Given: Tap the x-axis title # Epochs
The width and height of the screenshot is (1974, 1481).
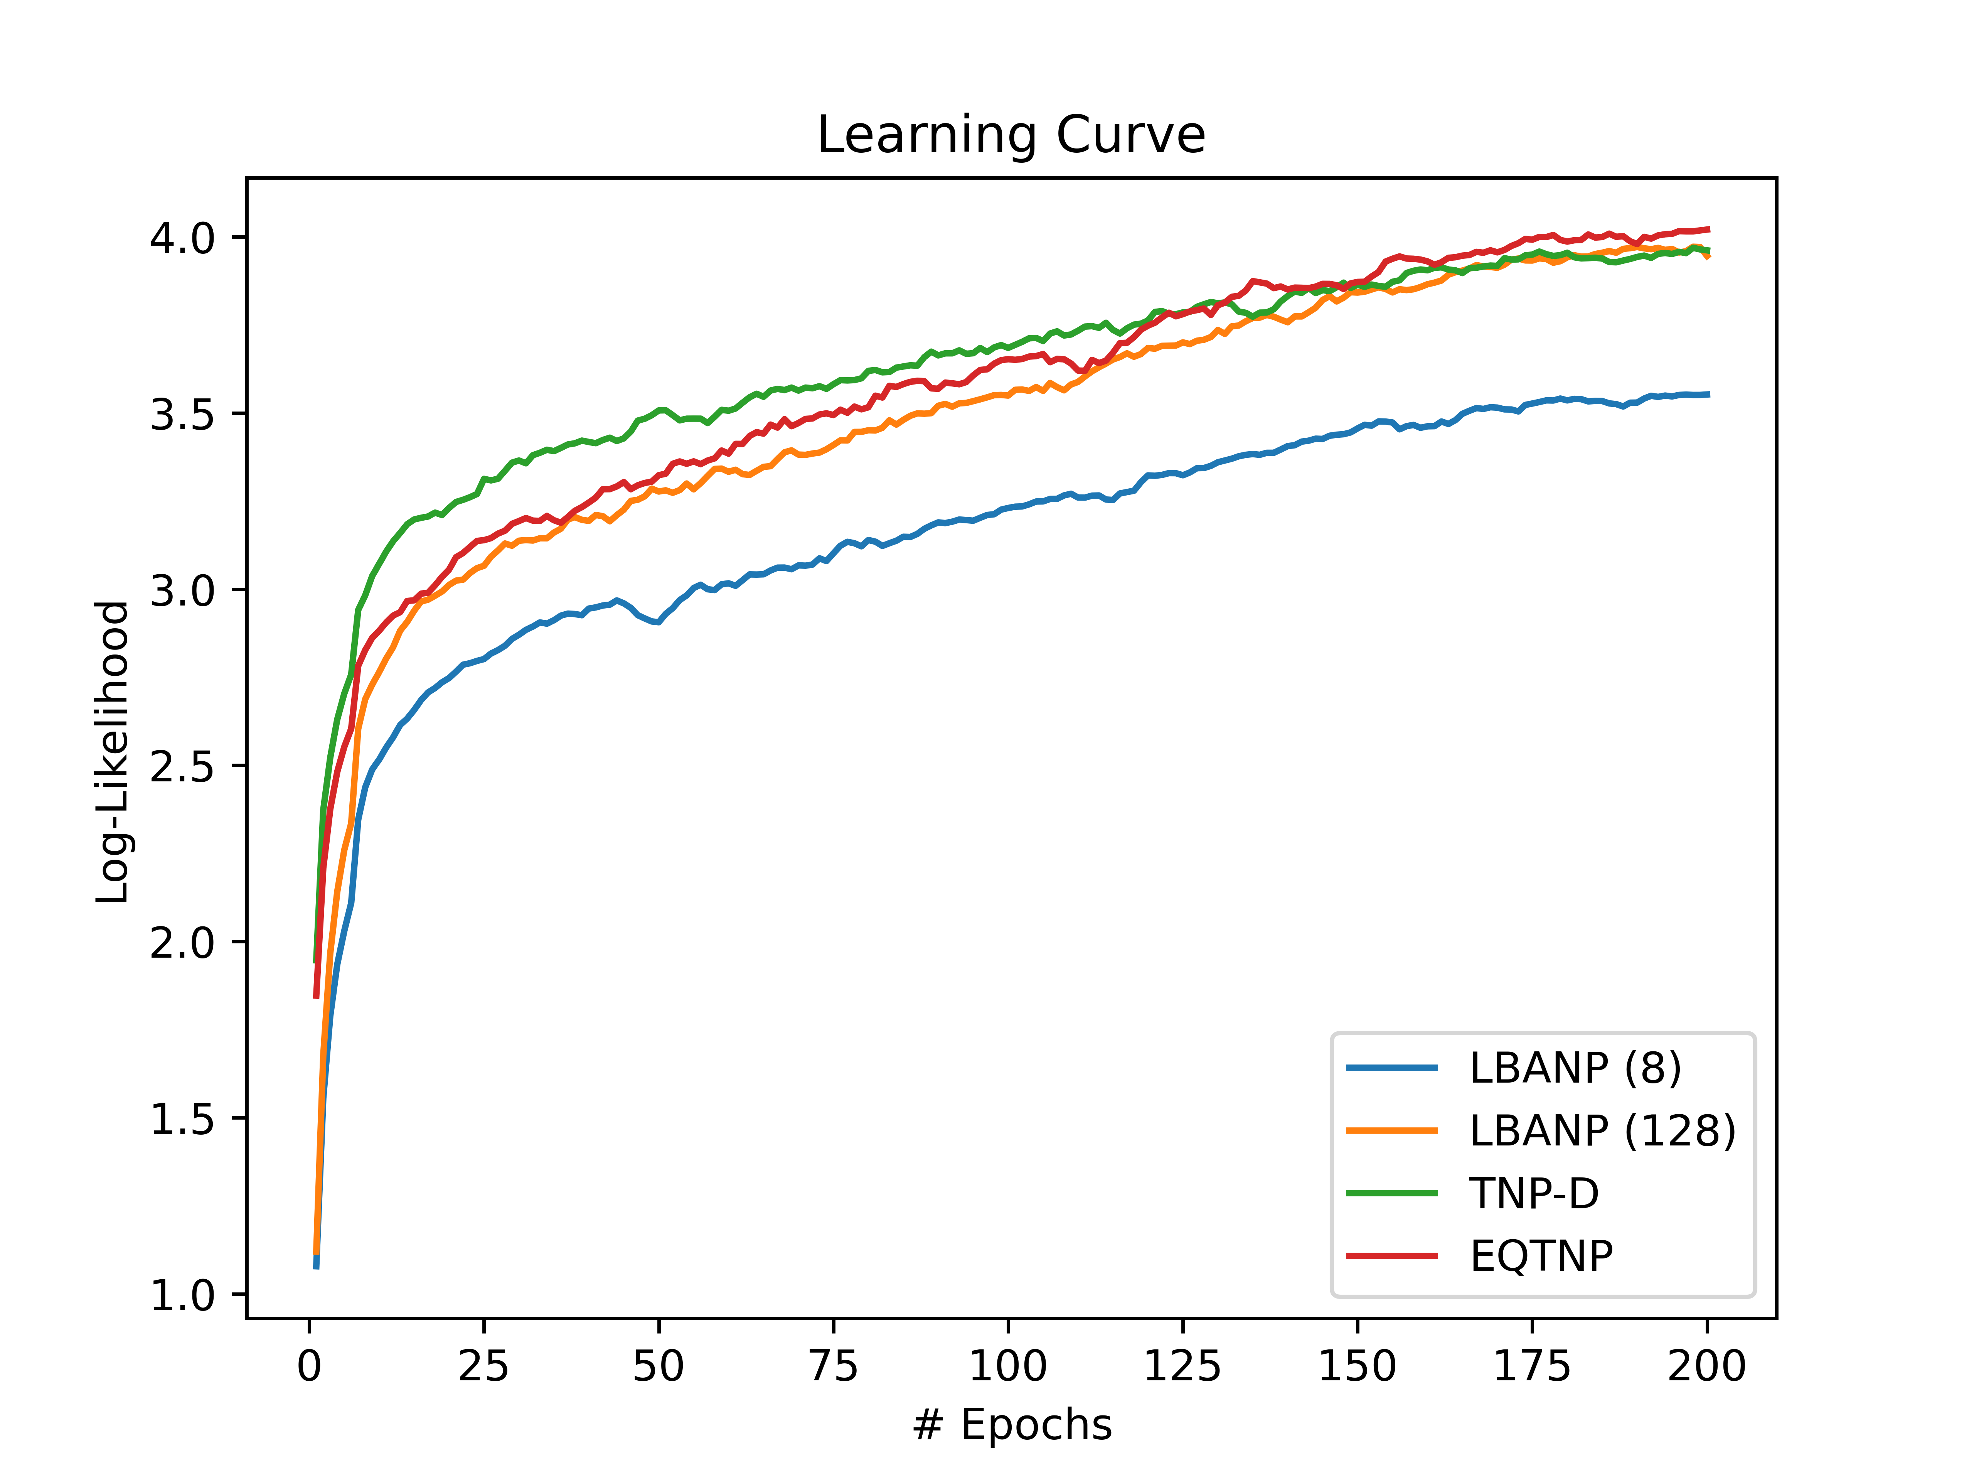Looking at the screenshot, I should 1011,1425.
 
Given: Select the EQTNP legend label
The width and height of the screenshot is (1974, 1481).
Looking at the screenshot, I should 1541,1256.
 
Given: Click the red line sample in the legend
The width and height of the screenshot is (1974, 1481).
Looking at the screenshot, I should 1392,1256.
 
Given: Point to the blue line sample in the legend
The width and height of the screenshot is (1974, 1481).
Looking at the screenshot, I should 1392,1068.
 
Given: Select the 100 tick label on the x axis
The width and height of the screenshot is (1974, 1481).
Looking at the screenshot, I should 1007,1367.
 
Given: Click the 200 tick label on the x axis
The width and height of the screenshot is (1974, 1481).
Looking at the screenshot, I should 1706,1367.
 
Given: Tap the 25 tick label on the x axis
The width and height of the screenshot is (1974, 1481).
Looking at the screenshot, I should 484,1367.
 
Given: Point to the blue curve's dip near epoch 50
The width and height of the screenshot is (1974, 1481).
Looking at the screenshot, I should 657,622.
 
